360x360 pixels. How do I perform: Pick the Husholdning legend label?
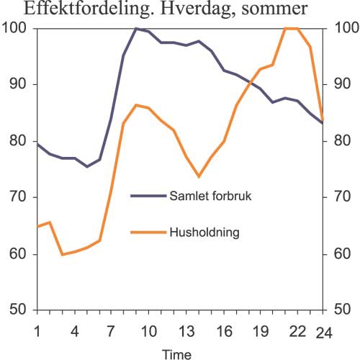point(204,233)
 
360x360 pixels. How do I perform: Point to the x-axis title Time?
point(176,354)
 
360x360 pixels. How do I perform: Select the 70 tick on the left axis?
point(17,197)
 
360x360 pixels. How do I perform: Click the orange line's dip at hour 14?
point(198,176)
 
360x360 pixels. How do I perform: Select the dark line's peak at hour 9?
point(135,28)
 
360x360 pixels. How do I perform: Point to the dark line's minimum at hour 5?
point(87,166)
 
